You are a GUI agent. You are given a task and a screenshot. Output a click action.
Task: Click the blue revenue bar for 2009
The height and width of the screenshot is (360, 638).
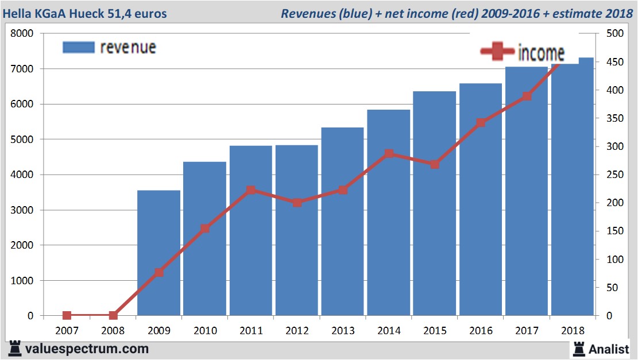pyautogui.click(x=159, y=253)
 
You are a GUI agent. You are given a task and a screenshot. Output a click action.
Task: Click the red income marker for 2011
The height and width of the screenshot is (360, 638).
pyautogui.click(x=251, y=190)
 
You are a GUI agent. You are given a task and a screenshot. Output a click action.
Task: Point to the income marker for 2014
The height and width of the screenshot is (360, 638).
pyautogui.click(x=389, y=154)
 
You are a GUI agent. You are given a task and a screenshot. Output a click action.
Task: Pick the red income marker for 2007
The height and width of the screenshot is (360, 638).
pyautogui.click(x=67, y=315)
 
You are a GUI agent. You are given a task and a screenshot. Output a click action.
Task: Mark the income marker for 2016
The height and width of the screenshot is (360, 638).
pyautogui.click(x=481, y=123)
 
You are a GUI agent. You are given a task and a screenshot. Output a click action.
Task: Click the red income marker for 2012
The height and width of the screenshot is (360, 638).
pyautogui.click(x=297, y=203)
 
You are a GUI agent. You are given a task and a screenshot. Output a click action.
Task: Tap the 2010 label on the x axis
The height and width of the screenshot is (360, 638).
pyautogui.click(x=205, y=331)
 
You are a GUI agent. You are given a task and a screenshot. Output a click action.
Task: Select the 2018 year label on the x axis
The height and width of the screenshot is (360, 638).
pyautogui.click(x=573, y=331)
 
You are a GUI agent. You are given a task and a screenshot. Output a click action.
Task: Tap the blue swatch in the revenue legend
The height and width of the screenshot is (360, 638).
pyautogui.click(x=78, y=47)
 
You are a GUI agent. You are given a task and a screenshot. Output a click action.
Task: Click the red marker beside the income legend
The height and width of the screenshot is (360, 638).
pyautogui.click(x=497, y=52)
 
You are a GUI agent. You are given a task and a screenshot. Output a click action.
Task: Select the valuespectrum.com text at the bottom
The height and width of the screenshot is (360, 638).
pyautogui.click(x=87, y=349)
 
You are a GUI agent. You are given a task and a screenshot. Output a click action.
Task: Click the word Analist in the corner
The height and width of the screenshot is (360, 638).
pyautogui.click(x=609, y=349)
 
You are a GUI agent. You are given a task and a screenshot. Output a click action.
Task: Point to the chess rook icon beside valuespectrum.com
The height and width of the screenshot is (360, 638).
pyautogui.click(x=15, y=348)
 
